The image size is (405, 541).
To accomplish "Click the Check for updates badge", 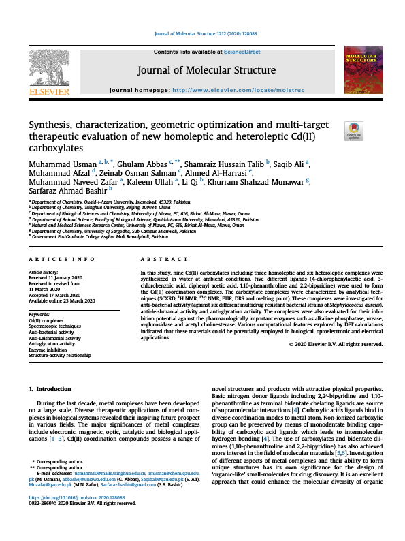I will coord(354,131).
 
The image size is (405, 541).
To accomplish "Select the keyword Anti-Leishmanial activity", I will coord(54,338).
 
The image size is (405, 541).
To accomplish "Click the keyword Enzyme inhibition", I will coord(48,349).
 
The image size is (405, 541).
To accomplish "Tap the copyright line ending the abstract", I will coord(337,345).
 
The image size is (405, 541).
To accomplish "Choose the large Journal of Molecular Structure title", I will coord(206,70).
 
